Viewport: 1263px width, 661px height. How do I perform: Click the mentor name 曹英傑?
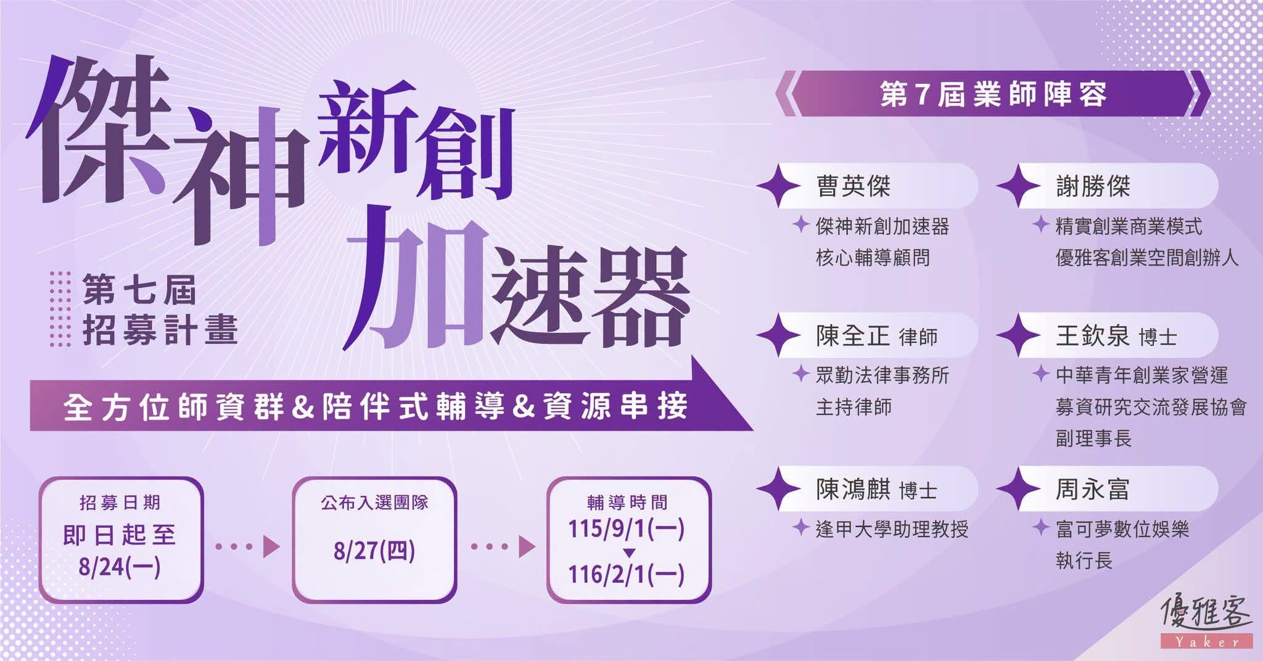(854, 186)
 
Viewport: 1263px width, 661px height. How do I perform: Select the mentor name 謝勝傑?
(1093, 186)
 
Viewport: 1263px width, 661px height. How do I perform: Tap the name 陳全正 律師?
(877, 337)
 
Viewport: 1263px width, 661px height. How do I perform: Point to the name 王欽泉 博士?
(1116, 337)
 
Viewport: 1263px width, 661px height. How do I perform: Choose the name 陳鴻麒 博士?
(877, 490)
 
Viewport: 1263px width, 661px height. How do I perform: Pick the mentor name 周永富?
(1093, 490)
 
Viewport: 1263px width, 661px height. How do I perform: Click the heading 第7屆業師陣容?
(993, 95)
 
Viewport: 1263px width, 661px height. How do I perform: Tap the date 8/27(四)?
(374, 551)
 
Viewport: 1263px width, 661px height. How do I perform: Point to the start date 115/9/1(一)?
(627, 528)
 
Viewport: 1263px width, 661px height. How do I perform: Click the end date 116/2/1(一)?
(627, 575)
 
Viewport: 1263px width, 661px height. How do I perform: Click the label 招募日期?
(120, 503)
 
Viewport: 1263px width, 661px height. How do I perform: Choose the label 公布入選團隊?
(374, 503)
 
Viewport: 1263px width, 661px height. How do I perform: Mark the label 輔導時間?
(627, 503)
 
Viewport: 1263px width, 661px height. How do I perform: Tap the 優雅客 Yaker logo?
(1207, 621)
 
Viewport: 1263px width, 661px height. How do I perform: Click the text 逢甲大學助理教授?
(892, 530)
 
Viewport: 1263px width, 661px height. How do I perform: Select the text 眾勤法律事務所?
(882, 376)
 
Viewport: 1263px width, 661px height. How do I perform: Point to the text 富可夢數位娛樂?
(1122, 530)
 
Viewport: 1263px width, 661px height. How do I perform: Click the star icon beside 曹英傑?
(778, 186)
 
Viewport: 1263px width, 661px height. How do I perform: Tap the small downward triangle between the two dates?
(628, 552)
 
